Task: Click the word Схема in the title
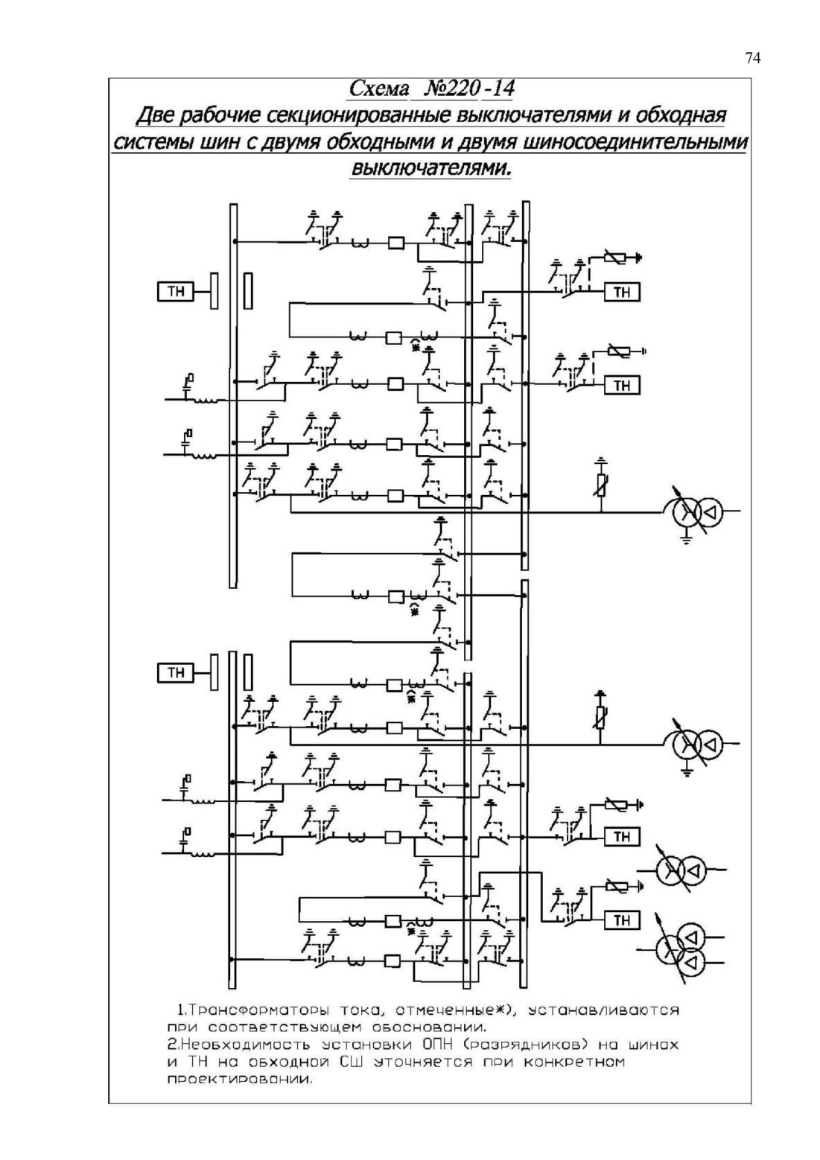(378, 89)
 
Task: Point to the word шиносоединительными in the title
(635, 142)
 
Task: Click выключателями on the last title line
(430, 169)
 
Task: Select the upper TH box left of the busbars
(175, 292)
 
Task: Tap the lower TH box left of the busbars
(175, 672)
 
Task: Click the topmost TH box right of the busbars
(622, 292)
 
